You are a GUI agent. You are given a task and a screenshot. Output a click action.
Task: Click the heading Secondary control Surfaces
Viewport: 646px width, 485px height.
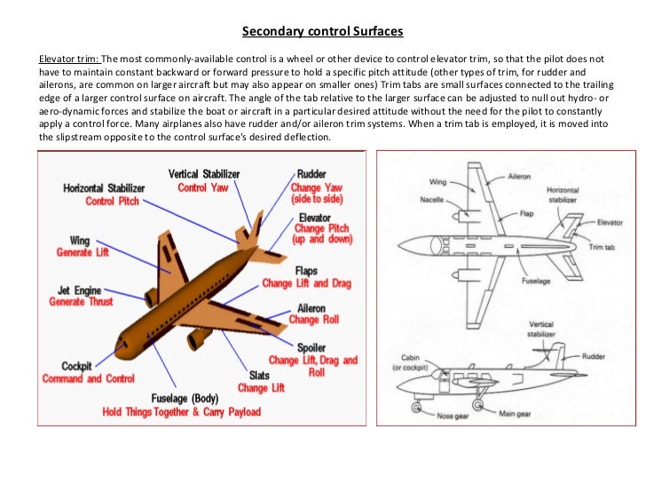323,32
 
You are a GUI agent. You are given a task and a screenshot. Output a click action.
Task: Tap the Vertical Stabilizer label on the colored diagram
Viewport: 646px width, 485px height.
203,174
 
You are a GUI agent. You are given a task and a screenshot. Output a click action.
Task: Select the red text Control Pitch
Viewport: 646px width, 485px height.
112,202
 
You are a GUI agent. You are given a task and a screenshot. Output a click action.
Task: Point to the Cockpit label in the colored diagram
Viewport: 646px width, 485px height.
76,366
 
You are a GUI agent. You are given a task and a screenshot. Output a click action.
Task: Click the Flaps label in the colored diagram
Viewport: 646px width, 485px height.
307,270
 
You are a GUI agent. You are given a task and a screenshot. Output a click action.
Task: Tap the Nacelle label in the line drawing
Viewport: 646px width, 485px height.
432,200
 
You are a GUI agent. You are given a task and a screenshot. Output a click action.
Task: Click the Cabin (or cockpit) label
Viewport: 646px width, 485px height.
409,364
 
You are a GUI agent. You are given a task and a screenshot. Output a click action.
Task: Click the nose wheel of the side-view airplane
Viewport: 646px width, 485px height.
415,408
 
